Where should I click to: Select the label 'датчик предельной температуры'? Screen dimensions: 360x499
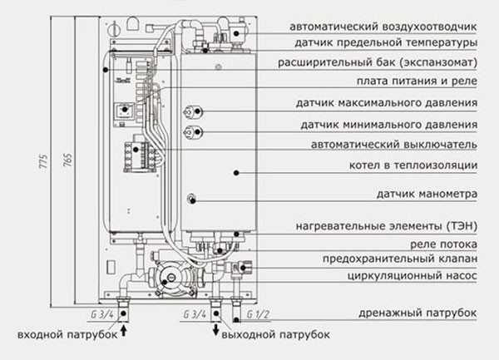tap(385, 42)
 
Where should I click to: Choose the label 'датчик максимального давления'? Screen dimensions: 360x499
tap(386, 104)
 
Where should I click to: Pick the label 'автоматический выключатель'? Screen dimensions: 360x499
tap(393, 144)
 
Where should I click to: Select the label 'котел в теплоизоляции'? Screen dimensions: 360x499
tap(413, 165)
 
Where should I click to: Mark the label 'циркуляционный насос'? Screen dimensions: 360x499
tap(413, 274)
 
